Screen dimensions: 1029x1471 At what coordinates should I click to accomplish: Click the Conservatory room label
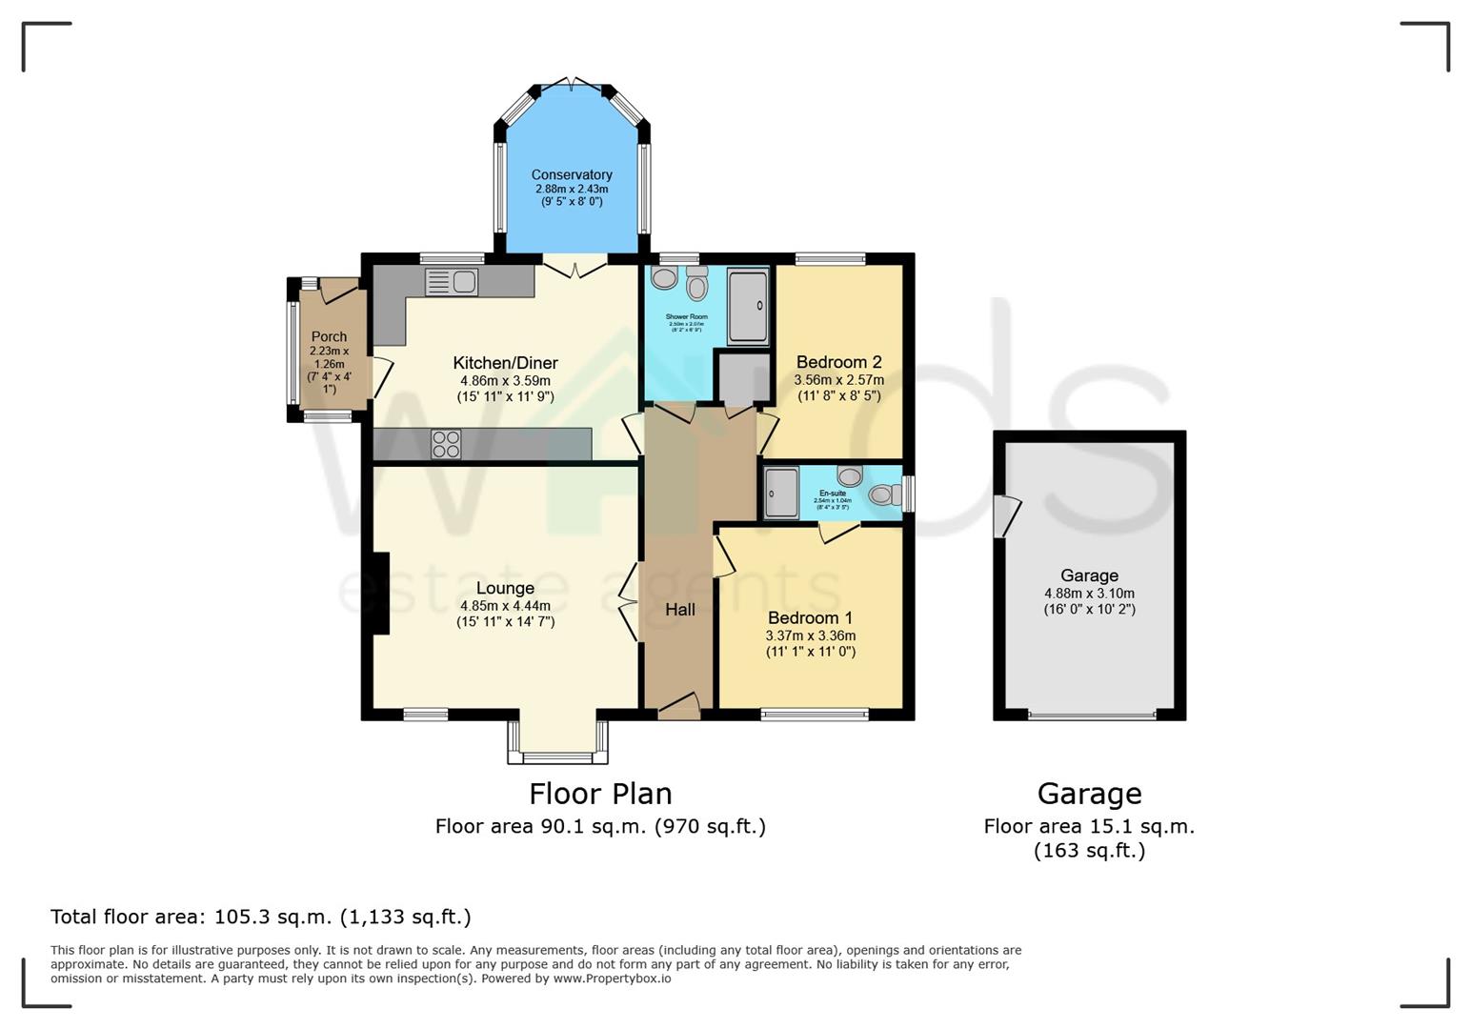572,174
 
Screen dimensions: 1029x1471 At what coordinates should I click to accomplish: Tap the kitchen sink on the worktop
452,282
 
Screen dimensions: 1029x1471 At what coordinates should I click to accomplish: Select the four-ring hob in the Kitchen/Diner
446,444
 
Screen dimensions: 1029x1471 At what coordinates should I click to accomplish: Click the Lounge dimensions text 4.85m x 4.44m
505,605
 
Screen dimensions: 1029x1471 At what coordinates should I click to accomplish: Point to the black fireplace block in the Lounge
380,594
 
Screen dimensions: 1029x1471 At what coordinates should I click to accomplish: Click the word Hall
679,610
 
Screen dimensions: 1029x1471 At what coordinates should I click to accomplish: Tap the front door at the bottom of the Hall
678,706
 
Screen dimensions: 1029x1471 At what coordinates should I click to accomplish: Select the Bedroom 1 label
810,617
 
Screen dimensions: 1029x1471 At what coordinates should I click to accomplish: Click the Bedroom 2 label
838,362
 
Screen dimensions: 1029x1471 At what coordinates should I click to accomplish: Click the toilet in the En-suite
883,494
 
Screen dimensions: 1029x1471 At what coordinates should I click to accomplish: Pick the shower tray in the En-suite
781,493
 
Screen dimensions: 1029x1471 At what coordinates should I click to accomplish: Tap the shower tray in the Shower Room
748,306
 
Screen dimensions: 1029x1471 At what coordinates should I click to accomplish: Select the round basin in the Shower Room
664,277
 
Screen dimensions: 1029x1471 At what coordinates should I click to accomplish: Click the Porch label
329,336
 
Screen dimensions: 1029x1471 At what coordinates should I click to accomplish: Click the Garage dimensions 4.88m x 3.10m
1089,593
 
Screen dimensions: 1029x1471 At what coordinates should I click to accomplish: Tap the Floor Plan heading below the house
600,793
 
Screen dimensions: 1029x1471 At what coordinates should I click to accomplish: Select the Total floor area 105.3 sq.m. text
260,917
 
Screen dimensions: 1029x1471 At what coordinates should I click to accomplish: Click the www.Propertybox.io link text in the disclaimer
612,979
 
